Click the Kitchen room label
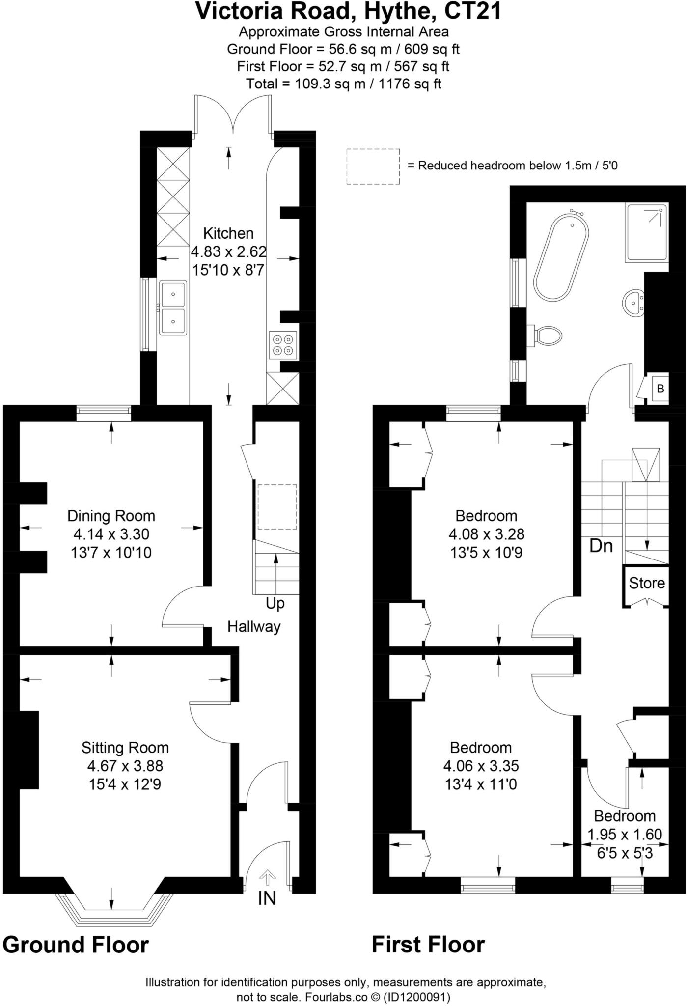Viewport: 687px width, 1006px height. (228, 233)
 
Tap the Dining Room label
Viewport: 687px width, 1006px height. (111, 516)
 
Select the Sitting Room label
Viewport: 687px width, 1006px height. (125, 748)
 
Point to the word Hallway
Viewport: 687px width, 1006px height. (254, 627)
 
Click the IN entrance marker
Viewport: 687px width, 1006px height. (267, 898)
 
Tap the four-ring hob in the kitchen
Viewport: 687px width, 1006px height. (283, 344)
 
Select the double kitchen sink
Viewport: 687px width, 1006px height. (173, 308)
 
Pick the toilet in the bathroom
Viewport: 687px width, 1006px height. (548, 336)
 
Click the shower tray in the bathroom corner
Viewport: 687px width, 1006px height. (647, 232)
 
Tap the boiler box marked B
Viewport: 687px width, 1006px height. (660, 389)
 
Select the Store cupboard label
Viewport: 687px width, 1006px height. (647, 583)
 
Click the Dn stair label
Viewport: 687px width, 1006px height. (601, 546)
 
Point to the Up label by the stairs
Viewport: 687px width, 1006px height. (275, 603)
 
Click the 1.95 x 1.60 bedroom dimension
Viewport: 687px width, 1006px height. (625, 834)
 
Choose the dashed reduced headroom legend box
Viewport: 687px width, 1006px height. (373, 167)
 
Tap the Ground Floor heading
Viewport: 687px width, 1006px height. (76, 945)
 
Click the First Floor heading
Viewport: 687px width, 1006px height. (428, 945)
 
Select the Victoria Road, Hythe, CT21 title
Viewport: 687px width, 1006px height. (349, 12)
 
